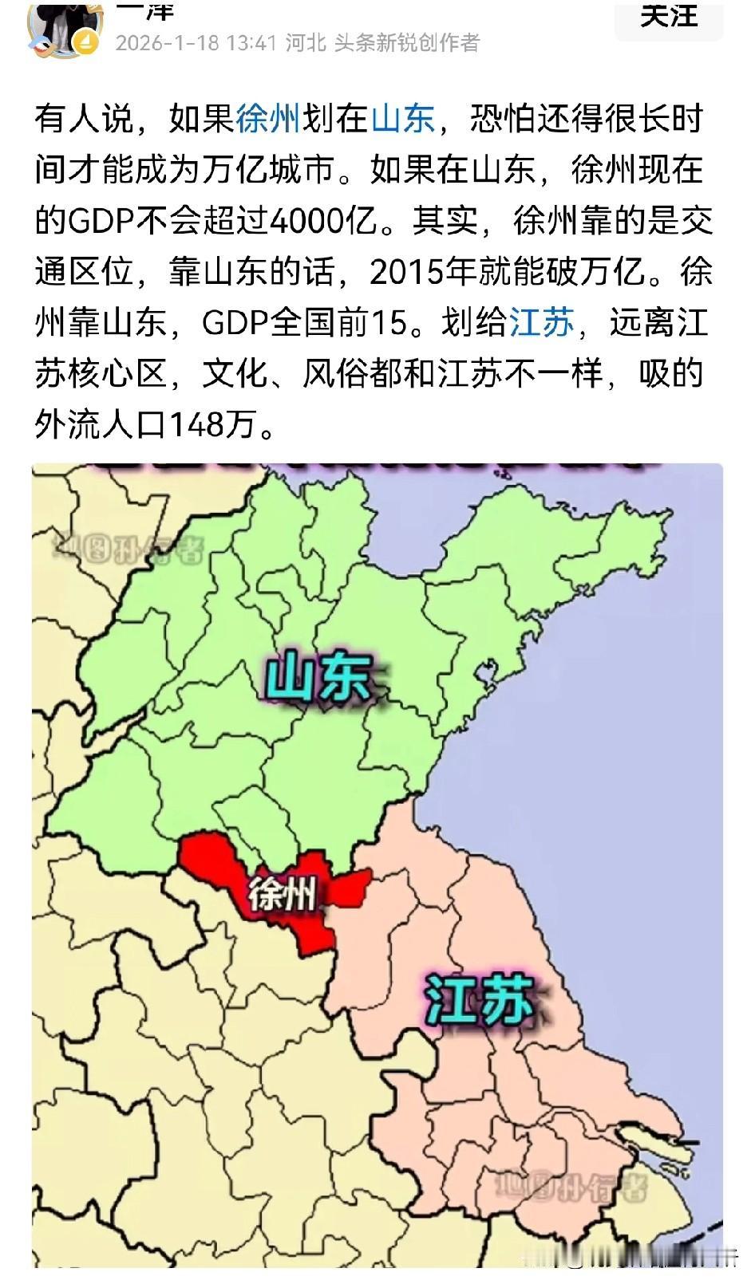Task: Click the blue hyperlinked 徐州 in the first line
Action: click(x=268, y=119)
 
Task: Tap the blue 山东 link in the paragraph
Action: click(x=403, y=119)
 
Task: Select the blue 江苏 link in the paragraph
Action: click(x=542, y=323)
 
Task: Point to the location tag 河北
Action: click(x=306, y=42)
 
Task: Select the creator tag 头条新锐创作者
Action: click(x=407, y=42)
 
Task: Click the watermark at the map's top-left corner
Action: click(x=128, y=549)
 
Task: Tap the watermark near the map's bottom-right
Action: click(x=570, y=1187)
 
